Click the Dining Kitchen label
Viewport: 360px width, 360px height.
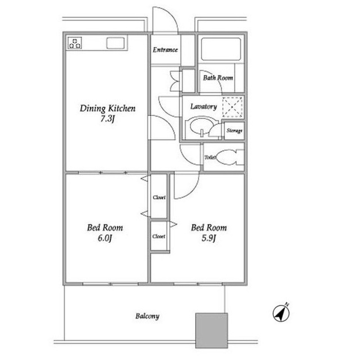pyautogui.click(x=107, y=109)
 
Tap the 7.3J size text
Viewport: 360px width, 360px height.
pyautogui.click(x=107, y=119)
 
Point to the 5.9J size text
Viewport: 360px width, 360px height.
pyautogui.click(x=209, y=238)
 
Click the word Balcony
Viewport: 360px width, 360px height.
pyautogui.click(x=147, y=316)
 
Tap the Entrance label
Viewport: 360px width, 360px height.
pyautogui.click(x=165, y=50)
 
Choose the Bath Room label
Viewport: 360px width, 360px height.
pyautogui.click(x=218, y=78)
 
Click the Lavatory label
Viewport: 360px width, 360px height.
pyautogui.click(x=204, y=106)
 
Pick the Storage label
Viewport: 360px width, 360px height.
pyautogui.click(x=234, y=130)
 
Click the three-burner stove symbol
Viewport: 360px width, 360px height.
pyautogui.click(x=75, y=43)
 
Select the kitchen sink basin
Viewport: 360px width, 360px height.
pyautogui.click(x=115, y=43)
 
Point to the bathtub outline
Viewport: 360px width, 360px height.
pyautogui.click(x=221, y=49)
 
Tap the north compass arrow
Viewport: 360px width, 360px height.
pyautogui.click(x=281, y=313)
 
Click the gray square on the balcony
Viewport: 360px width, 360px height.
pyautogui.click(x=211, y=330)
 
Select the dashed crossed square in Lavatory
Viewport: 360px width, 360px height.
pyautogui.click(x=232, y=107)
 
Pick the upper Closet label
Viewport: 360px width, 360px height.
pyautogui.click(x=159, y=197)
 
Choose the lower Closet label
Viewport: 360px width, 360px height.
pyautogui.click(x=159, y=236)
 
